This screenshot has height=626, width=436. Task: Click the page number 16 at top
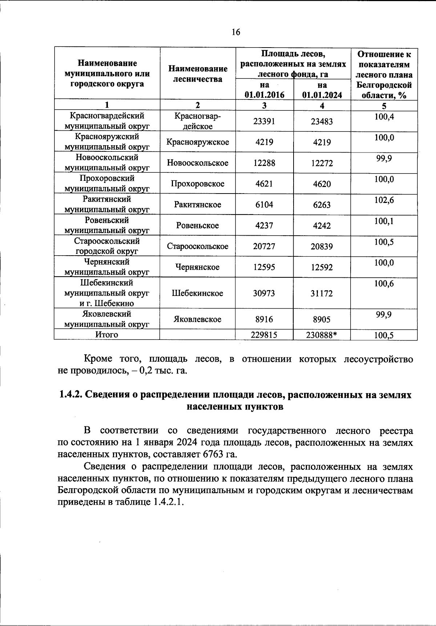coord(236,32)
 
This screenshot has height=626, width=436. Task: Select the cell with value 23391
coord(264,121)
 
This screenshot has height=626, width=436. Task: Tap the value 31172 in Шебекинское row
coord(322,293)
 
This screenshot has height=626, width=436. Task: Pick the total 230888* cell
coord(322,335)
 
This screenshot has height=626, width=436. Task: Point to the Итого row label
coord(107,334)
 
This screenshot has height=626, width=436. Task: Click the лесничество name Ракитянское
coord(198,205)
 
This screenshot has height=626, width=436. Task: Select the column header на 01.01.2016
coord(265,90)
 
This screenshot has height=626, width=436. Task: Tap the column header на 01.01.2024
coord(322,90)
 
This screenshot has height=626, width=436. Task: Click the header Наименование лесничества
coord(198,74)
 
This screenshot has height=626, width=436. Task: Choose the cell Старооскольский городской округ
coord(107,246)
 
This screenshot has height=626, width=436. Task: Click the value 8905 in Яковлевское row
coord(322,319)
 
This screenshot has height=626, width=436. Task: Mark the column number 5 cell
coord(384,106)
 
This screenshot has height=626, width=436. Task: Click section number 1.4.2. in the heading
coord(71,395)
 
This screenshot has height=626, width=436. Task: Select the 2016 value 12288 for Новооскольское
coord(264,163)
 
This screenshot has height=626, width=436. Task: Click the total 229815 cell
coord(264,335)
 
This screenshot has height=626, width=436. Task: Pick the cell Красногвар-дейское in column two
coord(198,121)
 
